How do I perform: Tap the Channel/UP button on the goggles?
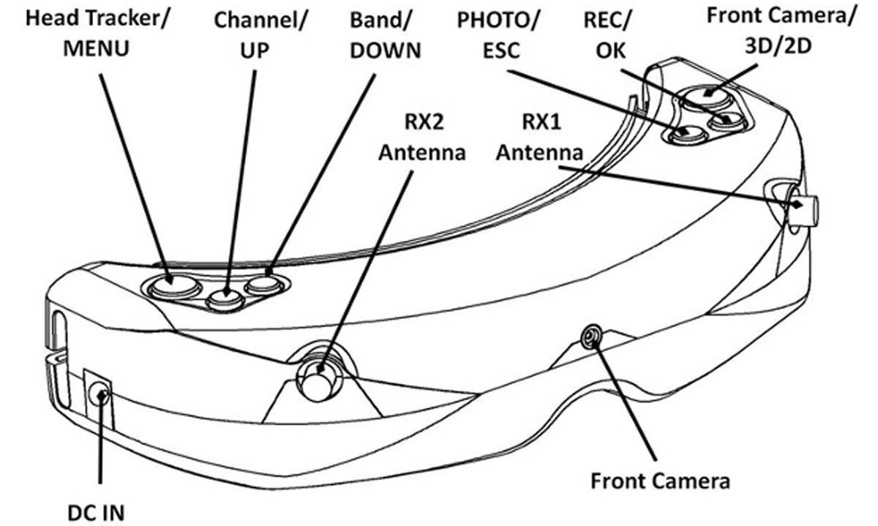point(225,297)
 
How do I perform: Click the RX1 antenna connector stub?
point(803,209)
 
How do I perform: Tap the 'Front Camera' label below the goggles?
point(660,481)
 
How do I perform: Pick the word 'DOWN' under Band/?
point(386,50)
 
